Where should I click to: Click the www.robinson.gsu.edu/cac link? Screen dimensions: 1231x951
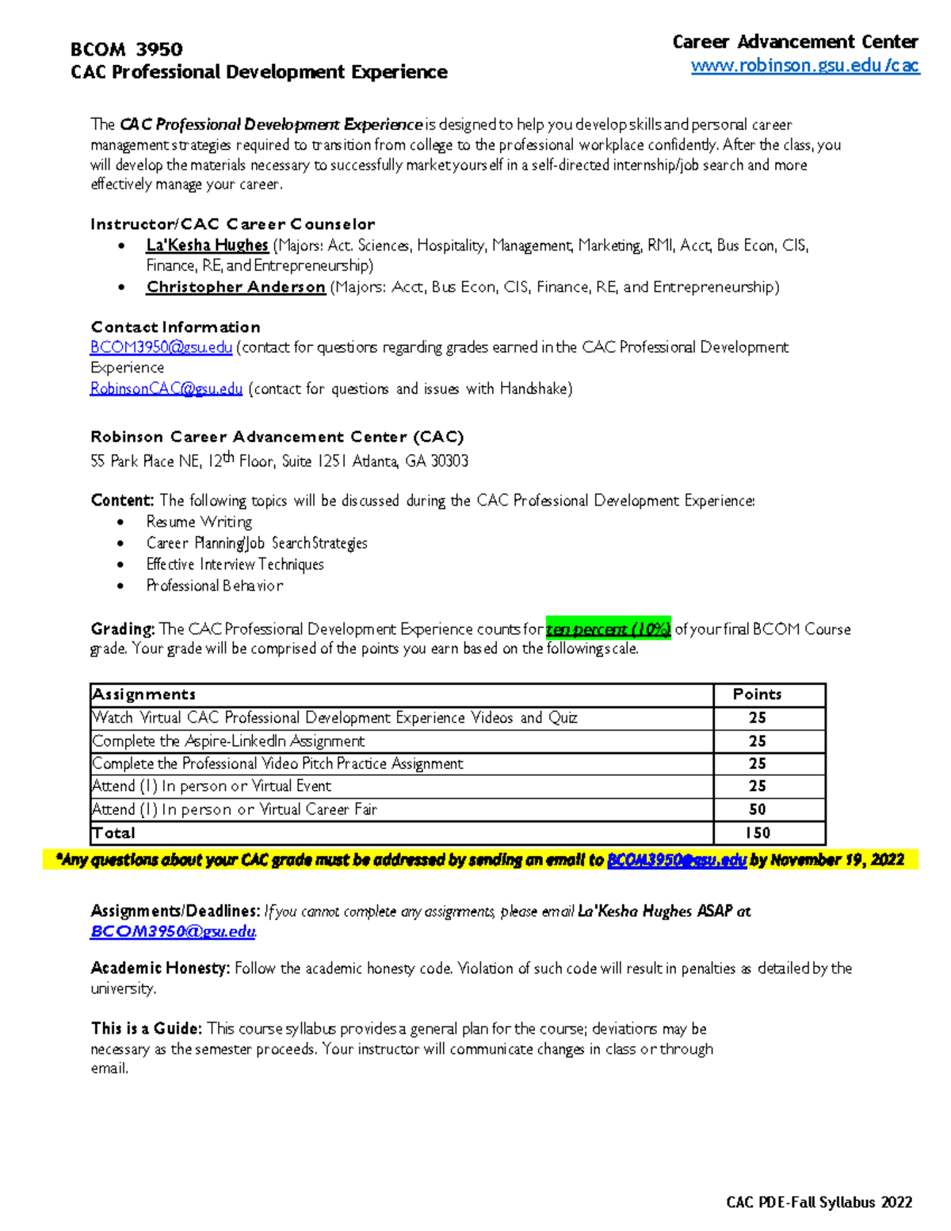pyautogui.click(x=804, y=66)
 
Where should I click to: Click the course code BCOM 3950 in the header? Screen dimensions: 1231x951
pyautogui.click(x=127, y=49)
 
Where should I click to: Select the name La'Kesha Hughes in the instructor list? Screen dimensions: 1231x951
pyautogui.click(x=207, y=246)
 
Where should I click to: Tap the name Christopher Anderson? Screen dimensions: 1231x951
pyautogui.click(x=235, y=287)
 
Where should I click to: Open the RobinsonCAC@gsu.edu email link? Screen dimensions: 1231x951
pyautogui.click(x=166, y=389)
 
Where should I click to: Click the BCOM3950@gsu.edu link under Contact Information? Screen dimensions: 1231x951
pyautogui.click(x=161, y=347)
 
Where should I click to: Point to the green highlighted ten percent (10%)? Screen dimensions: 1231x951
pyautogui.click(x=608, y=629)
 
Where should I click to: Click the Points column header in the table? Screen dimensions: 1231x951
pyautogui.click(x=757, y=694)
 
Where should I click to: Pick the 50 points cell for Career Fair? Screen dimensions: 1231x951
pyautogui.click(x=758, y=809)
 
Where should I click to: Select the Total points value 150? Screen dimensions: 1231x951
pyautogui.click(x=758, y=833)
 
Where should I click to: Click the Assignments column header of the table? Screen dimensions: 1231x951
pyautogui.click(x=143, y=694)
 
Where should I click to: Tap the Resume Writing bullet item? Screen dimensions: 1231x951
pyautogui.click(x=199, y=522)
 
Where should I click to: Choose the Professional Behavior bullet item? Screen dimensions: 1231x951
pyautogui.click(x=214, y=586)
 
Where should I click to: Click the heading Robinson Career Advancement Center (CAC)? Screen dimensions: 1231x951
pyautogui.click(x=277, y=437)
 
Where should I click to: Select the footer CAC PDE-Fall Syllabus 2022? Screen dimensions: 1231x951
pyautogui.click(x=819, y=1202)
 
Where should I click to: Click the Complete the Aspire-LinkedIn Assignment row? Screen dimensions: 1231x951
pyautogui.click(x=228, y=741)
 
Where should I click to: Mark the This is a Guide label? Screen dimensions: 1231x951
pyautogui.click(x=147, y=1029)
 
